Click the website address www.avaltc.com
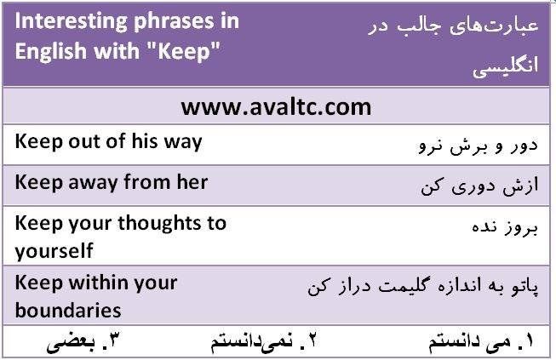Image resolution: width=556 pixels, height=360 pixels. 276,107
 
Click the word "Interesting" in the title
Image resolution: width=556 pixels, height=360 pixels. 71,22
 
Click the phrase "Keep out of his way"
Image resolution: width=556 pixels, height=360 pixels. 108,142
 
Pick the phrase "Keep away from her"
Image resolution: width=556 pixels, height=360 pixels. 112,183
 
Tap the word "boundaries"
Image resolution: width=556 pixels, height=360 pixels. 68,311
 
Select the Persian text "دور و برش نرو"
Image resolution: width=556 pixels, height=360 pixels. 479,146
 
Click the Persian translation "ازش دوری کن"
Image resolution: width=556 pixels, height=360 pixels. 479,186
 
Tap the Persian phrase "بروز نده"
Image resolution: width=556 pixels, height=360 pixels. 505,227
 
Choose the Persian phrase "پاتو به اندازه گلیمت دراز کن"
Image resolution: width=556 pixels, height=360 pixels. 422,286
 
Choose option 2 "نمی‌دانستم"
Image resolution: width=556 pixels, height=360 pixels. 263,341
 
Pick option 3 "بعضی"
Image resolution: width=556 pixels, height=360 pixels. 82,342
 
